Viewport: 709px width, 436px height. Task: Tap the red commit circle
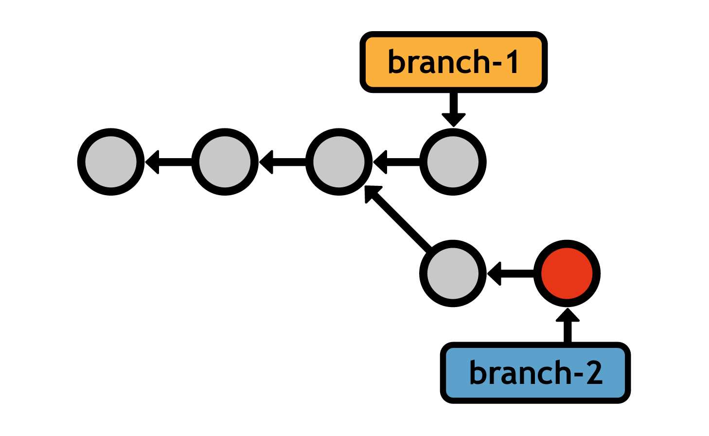tap(567, 273)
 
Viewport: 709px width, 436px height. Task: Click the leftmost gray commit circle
tap(111, 162)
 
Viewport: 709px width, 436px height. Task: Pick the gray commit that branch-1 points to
tap(453, 162)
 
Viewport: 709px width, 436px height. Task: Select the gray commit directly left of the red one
tap(453, 273)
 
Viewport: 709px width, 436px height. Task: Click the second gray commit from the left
tap(225, 162)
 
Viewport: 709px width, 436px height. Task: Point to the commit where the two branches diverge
tap(339, 162)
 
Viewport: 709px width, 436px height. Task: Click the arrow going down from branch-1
tap(454, 108)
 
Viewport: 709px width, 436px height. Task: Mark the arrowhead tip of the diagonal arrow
tap(366, 187)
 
